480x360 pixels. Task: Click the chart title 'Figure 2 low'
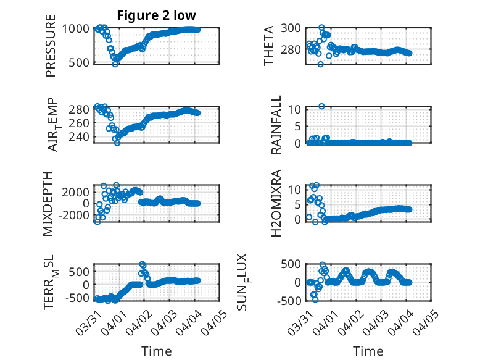[x=157, y=15]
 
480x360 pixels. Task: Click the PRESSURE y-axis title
[x=50, y=50]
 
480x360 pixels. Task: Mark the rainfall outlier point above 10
[x=321, y=106]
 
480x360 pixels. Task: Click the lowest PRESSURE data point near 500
[x=115, y=64]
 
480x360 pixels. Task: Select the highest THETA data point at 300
[x=321, y=28]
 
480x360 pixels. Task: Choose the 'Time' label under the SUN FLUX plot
[x=368, y=351]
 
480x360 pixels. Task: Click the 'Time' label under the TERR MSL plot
[x=157, y=351]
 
